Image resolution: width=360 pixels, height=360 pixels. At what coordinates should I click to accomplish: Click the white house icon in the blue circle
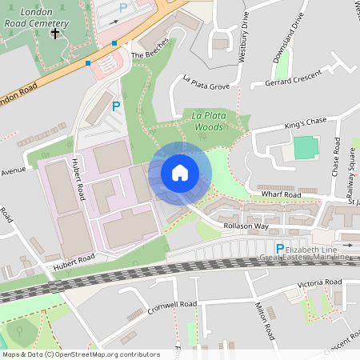(180, 173)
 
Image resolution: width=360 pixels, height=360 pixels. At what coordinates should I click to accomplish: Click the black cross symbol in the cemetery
(55, 34)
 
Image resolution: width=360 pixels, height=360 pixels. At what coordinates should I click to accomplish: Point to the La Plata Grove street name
(206, 82)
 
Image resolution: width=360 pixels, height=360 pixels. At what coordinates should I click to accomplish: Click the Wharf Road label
(280, 194)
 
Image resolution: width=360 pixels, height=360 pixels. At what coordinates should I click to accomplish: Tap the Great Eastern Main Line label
(304, 257)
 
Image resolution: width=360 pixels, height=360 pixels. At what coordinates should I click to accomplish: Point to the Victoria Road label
(320, 284)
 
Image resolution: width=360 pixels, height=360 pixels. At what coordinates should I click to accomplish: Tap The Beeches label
(150, 49)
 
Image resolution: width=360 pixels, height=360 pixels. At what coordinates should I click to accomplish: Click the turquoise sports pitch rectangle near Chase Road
(305, 148)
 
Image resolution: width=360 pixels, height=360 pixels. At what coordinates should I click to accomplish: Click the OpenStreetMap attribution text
(80, 354)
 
